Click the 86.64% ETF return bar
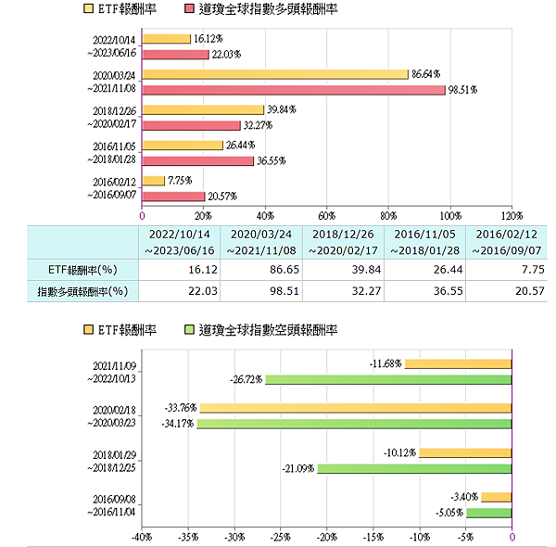click(x=275, y=74)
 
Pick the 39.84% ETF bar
click(x=203, y=110)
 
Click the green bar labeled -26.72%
click(x=388, y=379)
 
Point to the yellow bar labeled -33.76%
click(x=355, y=408)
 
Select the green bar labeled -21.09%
click(x=414, y=468)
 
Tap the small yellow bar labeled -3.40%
click(x=496, y=498)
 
